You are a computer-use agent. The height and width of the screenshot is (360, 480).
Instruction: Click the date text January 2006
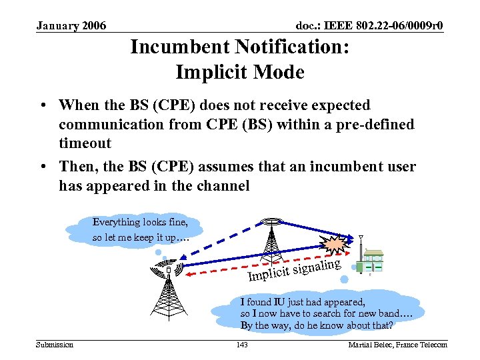coord(71,26)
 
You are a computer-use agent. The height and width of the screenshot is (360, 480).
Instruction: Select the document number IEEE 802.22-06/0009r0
coord(369,26)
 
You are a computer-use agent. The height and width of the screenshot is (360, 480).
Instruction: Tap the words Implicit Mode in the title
coord(239,71)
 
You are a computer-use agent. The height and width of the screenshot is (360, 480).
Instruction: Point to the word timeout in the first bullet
coord(85,143)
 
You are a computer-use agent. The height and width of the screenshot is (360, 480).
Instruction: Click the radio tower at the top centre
coord(271,237)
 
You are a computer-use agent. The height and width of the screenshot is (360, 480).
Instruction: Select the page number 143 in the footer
coord(242,344)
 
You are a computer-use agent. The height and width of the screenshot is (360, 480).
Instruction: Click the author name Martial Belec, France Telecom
coord(398,344)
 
